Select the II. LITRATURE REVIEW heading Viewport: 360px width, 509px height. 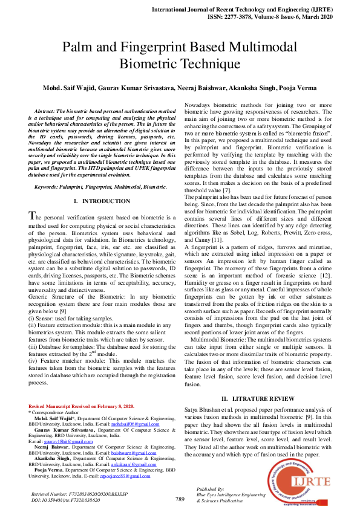(258, 399)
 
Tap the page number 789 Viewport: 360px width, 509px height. (180, 499)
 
